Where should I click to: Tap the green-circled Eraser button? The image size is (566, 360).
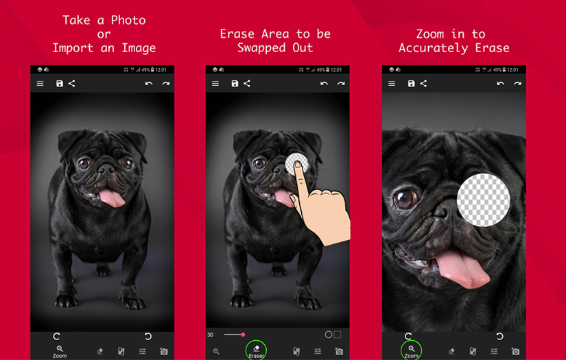point(256,350)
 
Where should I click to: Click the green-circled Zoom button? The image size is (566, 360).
point(411,350)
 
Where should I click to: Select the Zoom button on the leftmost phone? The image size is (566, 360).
point(60,351)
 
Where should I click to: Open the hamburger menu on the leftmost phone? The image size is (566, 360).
point(40,84)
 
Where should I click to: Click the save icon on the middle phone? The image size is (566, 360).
point(235,84)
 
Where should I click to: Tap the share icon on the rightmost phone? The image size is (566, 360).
point(423,84)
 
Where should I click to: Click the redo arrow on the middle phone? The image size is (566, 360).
point(341,84)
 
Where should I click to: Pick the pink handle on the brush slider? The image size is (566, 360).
point(243,335)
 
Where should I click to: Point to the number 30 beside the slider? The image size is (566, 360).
point(211,335)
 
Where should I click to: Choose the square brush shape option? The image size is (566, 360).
point(338,335)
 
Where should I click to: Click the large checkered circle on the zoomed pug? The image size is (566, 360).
point(483,200)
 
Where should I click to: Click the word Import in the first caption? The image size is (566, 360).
point(75,48)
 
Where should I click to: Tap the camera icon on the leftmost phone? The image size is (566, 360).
point(163,351)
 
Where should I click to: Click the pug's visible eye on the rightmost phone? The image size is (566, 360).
point(405,199)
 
